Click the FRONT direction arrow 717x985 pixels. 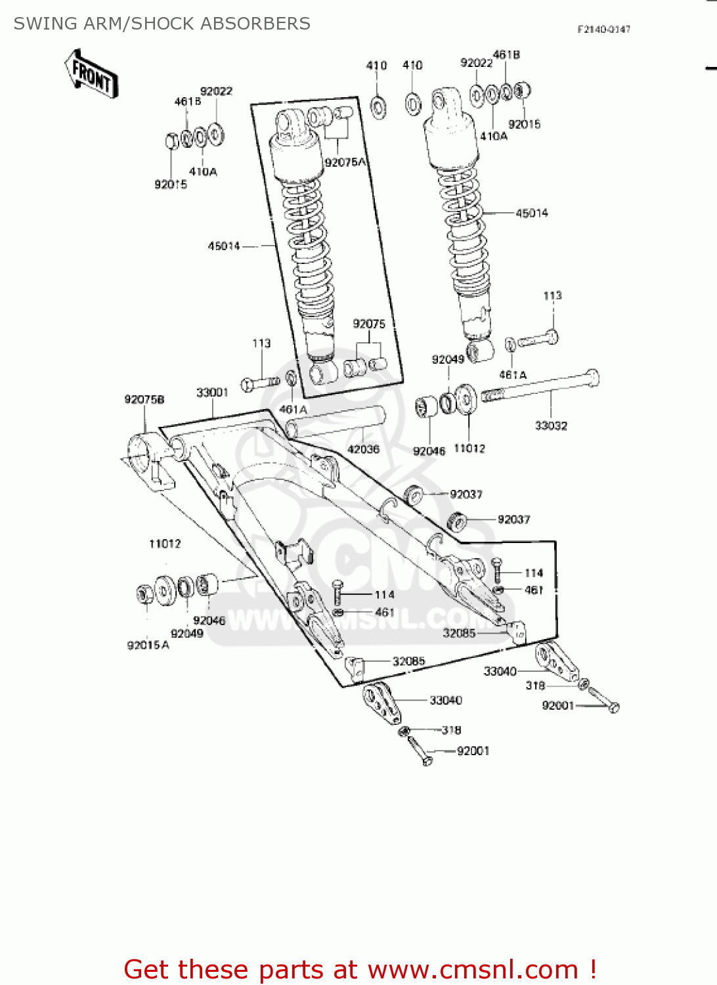(91, 74)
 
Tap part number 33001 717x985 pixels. (212, 393)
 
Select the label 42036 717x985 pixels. (363, 449)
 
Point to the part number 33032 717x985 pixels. (551, 426)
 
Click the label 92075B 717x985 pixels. (144, 399)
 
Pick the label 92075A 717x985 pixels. (345, 162)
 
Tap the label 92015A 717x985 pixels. (148, 645)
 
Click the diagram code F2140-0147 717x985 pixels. (603, 29)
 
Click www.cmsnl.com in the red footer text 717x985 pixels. (473, 969)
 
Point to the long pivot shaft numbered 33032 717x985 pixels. (538, 387)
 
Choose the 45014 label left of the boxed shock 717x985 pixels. (224, 246)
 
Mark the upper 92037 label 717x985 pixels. (466, 494)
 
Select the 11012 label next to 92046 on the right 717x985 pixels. (469, 449)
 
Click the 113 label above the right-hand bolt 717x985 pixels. (552, 295)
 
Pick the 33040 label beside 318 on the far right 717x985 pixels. (500, 671)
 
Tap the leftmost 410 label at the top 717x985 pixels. (376, 65)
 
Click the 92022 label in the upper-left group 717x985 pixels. (216, 91)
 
